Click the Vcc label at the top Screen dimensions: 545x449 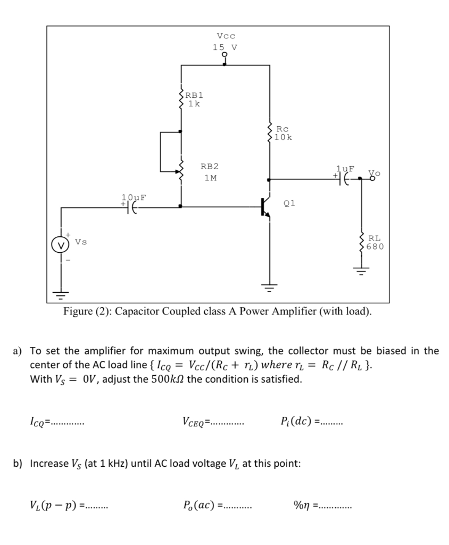226,36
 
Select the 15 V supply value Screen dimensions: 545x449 225,47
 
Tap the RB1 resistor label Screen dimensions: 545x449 194,95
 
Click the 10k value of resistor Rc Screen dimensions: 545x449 284,137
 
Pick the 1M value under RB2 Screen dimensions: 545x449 211,178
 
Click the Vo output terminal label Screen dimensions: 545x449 375,174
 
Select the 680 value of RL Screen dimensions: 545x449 375,246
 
